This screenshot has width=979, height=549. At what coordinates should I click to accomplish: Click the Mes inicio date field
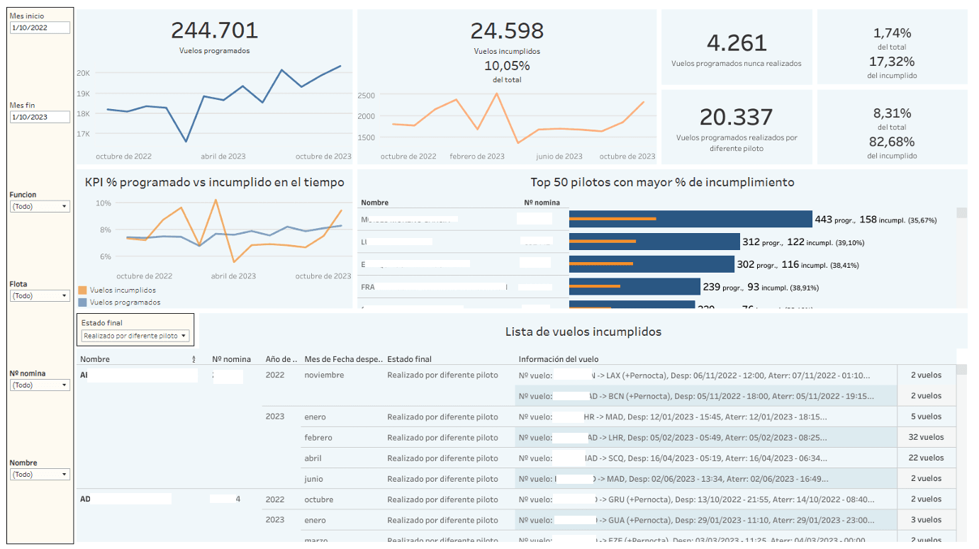point(40,28)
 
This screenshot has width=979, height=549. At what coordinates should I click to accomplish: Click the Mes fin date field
point(40,117)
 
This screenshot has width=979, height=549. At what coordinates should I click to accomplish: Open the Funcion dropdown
point(40,206)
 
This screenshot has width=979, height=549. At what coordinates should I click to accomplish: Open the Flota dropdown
point(40,295)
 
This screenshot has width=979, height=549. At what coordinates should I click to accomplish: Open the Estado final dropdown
point(135,336)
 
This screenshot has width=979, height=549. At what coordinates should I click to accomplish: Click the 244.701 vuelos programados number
point(214,30)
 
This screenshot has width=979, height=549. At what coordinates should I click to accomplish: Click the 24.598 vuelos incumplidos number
point(507,30)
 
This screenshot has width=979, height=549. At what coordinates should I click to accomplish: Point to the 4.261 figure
point(737,43)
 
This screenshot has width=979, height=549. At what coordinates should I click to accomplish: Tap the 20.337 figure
point(737,117)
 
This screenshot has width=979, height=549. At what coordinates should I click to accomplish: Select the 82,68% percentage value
point(892,142)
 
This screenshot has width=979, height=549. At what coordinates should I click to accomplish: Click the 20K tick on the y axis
point(83,73)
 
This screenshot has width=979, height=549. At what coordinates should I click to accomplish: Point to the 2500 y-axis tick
point(366,96)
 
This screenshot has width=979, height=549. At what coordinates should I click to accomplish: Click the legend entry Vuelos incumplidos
point(122,290)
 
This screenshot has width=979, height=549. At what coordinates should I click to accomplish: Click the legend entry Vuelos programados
point(124,302)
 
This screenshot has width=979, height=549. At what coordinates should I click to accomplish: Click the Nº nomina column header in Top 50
point(542,203)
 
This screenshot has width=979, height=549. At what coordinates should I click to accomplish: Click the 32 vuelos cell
point(926,437)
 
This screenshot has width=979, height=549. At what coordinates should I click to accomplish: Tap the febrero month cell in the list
point(318,438)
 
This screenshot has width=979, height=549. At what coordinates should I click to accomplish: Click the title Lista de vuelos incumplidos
point(583,332)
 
